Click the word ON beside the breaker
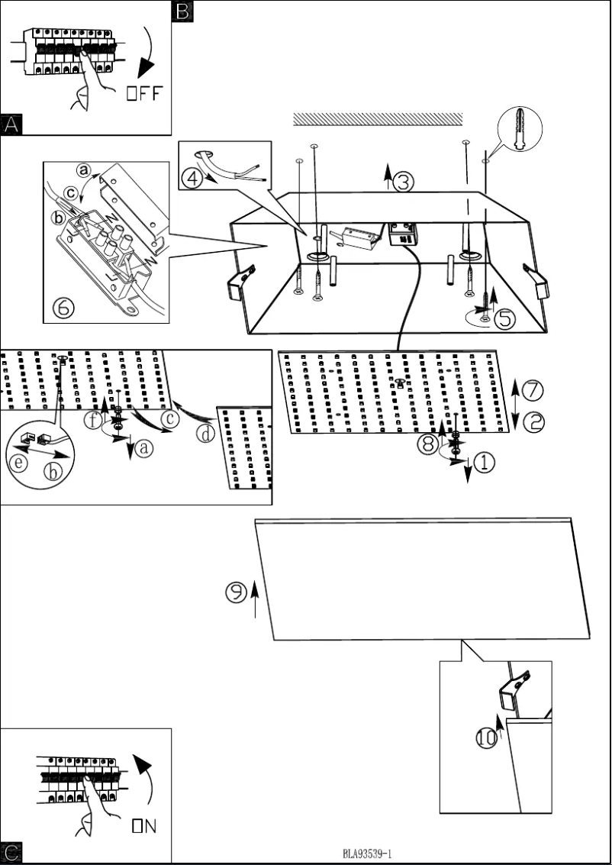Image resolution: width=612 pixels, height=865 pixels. [x=145, y=825]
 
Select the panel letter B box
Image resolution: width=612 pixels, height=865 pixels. [x=183, y=10]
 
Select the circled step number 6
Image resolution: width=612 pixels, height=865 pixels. [x=63, y=307]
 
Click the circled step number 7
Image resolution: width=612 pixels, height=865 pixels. [x=533, y=389]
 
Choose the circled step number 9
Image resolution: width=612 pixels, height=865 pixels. [x=237, y=591]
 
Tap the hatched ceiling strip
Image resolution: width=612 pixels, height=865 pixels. [x=378, y=118]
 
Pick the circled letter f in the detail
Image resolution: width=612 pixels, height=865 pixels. [x=93, y=420]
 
